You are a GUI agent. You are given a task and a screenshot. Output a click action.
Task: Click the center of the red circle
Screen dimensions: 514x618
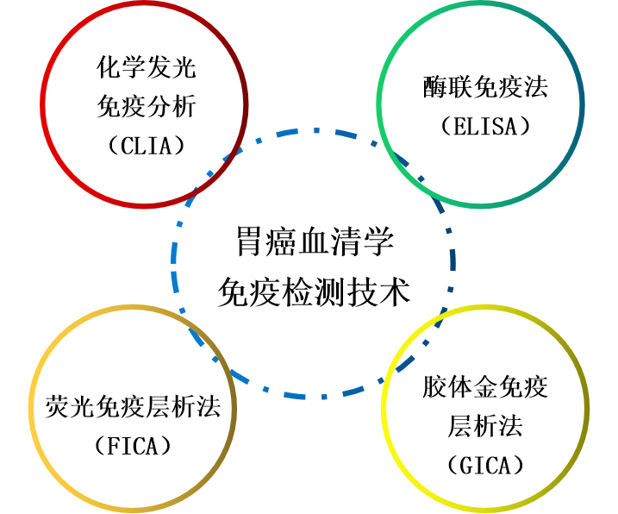144,104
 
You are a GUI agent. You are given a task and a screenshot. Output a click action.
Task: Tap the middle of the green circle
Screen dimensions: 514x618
480,104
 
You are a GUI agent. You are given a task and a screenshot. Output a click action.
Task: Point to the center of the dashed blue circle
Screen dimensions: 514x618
313,263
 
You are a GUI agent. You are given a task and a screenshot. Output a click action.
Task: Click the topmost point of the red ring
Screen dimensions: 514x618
144,3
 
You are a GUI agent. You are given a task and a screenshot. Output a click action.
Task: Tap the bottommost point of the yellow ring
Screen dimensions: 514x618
485,510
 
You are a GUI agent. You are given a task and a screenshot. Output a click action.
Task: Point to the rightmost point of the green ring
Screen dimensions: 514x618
582,104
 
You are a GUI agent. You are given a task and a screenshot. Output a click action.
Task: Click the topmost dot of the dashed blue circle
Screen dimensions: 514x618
316,130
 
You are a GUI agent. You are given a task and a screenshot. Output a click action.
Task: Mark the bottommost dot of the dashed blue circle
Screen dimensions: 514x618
324,397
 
